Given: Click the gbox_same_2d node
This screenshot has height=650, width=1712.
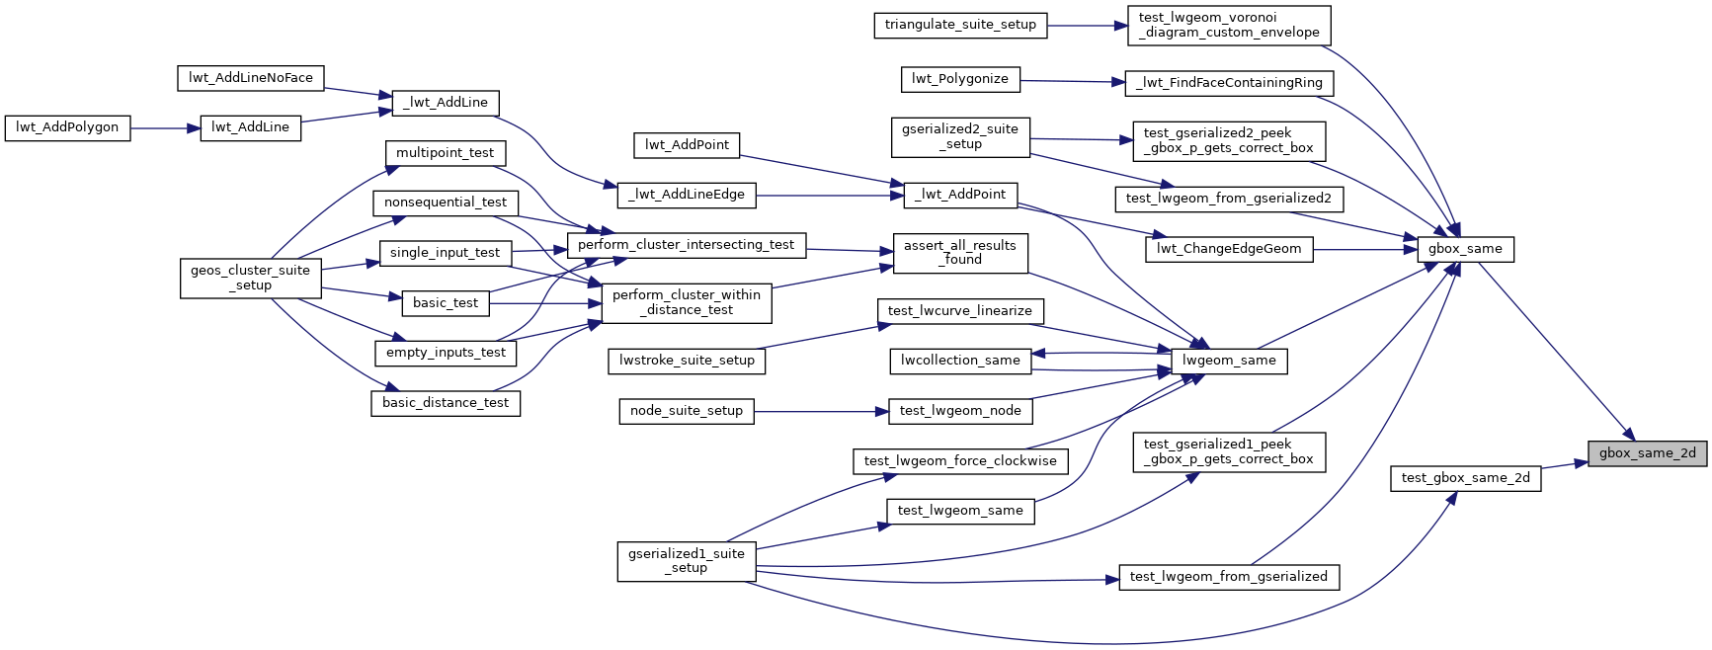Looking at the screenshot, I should click(1647, 453).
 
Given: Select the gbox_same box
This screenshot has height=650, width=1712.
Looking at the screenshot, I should click(1464, 249).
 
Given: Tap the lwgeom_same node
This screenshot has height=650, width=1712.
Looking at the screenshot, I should click(1229, 361).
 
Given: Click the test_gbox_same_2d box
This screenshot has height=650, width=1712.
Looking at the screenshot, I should click(1465, 478).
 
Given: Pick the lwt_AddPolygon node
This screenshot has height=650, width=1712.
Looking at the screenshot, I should click(67, 127).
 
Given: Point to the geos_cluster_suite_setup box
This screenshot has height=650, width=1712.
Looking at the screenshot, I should click(250, 278).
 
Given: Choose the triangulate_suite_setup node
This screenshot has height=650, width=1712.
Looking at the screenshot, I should click(960, 25).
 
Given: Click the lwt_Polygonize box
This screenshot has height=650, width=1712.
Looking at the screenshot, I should click(960, 79).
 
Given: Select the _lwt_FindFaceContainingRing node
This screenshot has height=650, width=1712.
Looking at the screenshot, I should click(1229, 83).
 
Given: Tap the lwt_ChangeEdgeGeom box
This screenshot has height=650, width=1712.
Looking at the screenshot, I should click(1229, 249).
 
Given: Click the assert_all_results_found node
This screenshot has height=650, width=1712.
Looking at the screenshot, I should click(959, 253).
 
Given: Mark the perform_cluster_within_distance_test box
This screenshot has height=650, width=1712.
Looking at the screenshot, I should click(686, 302).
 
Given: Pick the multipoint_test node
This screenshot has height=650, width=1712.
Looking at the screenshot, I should click(445, 153).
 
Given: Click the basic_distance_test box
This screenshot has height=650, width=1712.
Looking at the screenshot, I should click(445, 403).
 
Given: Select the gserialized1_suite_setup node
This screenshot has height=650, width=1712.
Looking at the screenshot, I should click(686, 561).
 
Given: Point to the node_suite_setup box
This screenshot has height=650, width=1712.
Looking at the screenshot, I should click(686, 411).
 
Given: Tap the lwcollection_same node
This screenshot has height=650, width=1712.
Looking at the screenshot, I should click(959, 361).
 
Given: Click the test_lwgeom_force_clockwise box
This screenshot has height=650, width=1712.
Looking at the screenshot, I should click(959, 461).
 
